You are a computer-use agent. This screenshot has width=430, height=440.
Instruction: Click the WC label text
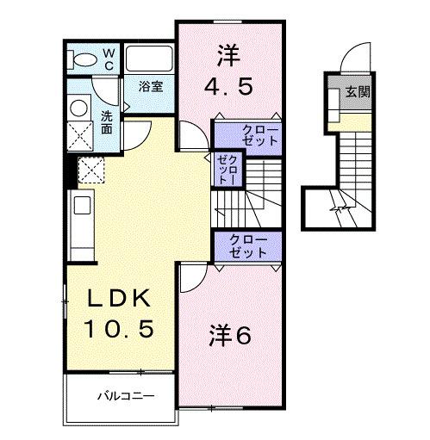[x=109, y=58]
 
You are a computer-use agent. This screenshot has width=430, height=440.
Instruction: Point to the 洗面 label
[x=106, y=122]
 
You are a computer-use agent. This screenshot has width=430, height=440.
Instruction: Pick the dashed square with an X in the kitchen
[x=90, y=170]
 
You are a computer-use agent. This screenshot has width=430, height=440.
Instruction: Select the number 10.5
[x=119, y=328]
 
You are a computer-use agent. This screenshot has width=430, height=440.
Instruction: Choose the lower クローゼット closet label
[x=248, y=245]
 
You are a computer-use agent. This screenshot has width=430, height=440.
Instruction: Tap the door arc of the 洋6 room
[x=192, y=277]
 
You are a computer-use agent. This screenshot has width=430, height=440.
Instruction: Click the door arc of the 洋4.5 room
[x=191, y=138]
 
